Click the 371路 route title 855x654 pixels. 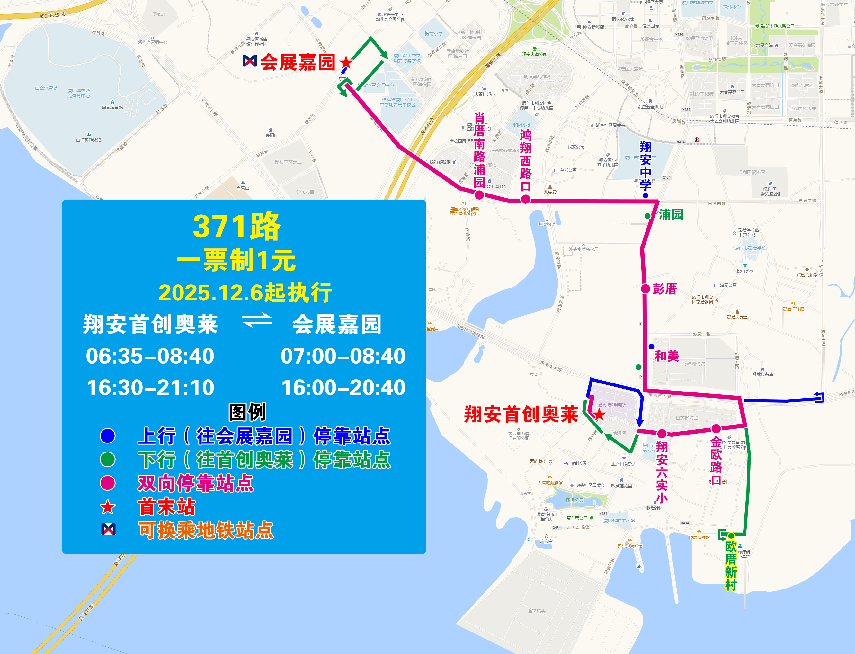[x=236, y=227]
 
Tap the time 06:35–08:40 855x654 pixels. [x=150, y=356]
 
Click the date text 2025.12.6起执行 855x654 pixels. [x=245, y=293]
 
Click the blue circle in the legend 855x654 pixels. [x=108, y=435]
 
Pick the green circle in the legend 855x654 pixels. [x=108, y=459]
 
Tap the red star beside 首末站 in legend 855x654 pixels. [x=108, y=507]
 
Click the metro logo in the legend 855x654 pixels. [x=108, y=529]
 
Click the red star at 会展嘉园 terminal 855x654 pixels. [x=346, y=62]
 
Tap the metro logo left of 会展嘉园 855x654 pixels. [x=250, y=60]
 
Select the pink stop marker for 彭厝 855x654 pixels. [x=645, y=288]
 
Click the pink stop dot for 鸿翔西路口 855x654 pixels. [x=525, y=199]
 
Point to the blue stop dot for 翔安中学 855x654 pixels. [x=645, y=195]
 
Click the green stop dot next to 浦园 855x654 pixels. [x=647, y=216]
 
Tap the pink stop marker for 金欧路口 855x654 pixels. [x=716, y=429]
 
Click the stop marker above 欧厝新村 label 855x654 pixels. [x=731, y=536]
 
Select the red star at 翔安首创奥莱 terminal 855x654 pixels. [x=599, y=415]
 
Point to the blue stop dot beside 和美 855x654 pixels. [x=651, y=347]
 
